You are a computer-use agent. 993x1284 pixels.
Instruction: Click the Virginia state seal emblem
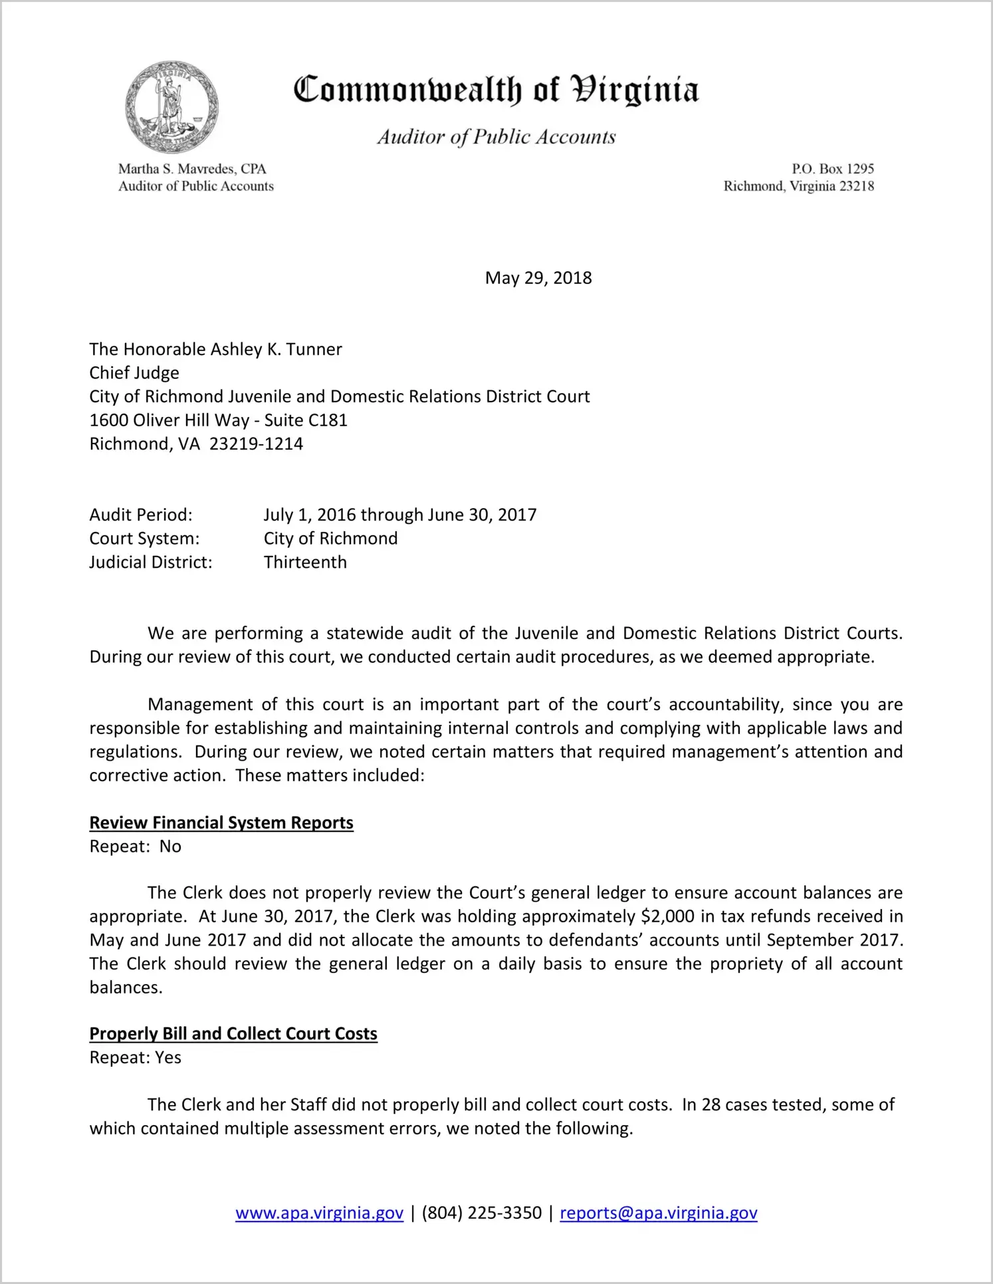coord(171,107)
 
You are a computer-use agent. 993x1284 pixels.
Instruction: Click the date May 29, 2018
coord(538,278)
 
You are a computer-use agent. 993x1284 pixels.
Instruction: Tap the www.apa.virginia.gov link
coord(319,1213)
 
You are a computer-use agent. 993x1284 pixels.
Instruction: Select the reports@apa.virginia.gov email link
coord(658,1213)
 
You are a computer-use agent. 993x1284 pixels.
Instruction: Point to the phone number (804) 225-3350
coord(481,1213)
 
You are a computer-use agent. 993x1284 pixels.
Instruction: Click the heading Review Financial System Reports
coord(221,823)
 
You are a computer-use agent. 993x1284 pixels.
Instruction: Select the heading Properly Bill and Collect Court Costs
coord(233,1034)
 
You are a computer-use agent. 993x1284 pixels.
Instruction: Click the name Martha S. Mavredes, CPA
coord(192,169)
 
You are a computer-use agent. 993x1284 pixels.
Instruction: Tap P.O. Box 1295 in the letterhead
coord(832,169)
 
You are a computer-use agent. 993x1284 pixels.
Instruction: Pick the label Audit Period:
coord(141,515)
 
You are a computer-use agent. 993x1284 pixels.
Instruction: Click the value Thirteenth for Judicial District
coord(305,563)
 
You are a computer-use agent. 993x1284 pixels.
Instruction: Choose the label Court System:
coord(144,539)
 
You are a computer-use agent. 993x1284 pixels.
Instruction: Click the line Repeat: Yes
coord(136,1058)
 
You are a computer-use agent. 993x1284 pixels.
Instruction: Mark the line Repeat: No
coord(136,846)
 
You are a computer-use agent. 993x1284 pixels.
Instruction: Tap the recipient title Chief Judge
coord(134,373)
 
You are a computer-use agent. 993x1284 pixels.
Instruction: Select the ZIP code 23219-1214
coord(256,444)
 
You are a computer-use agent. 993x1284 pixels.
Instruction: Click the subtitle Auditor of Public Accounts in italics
coord(497,137)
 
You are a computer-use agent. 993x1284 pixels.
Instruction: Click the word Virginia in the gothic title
coord(635,90)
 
